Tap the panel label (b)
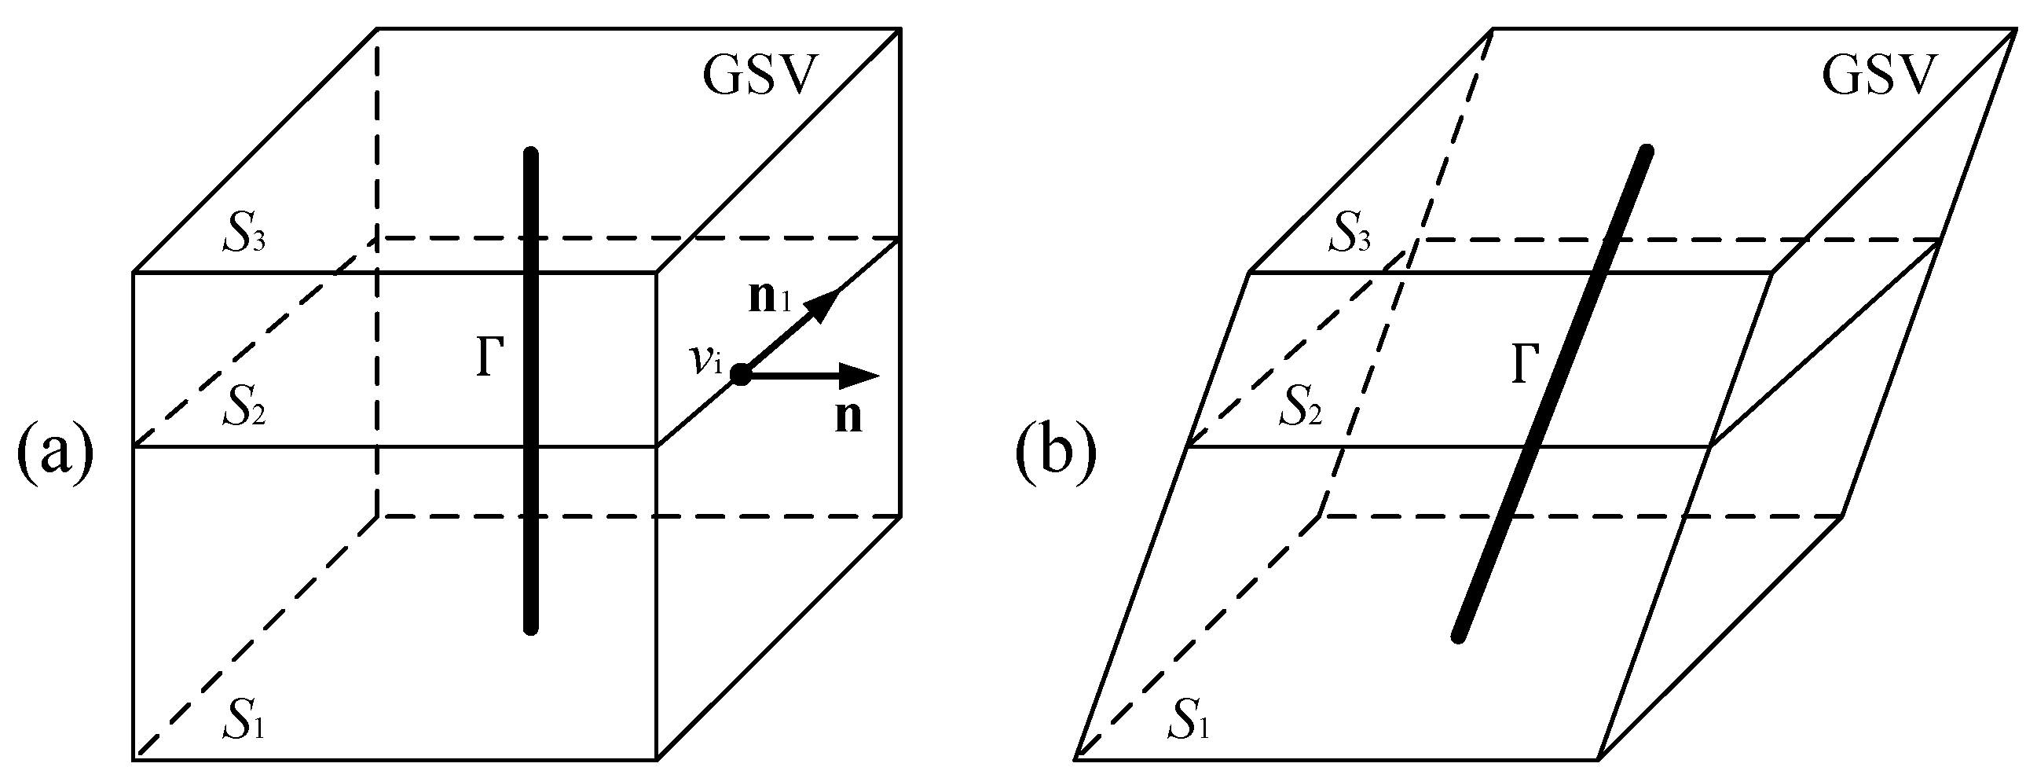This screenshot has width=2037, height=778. click(x=1057, y=456)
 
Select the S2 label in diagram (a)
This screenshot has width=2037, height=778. click(x=243, y=408)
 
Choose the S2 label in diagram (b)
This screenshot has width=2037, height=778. click(x=1299, y=408)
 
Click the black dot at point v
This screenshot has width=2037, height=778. click(x=741, y=375)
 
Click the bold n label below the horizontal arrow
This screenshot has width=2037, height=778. click(x=848, y=417)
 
